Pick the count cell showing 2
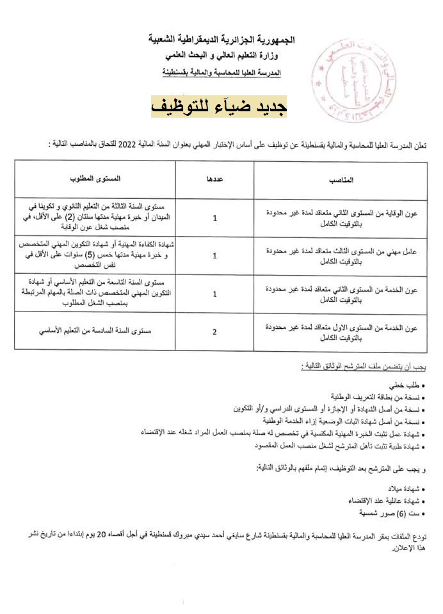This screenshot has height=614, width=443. [214, 331]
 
